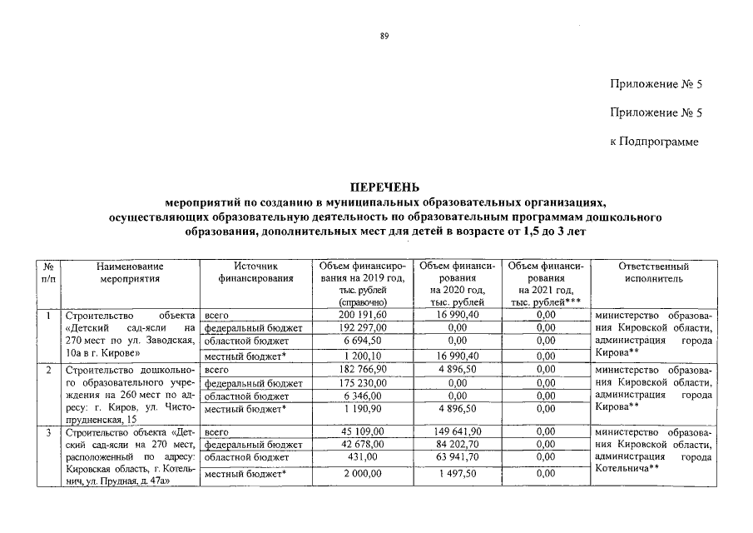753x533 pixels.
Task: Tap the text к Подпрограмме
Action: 655,142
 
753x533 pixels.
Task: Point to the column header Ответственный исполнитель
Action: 655,272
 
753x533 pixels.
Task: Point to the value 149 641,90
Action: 458,432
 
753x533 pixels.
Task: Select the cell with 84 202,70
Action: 458,446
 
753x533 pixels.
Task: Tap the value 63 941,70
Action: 458,458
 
